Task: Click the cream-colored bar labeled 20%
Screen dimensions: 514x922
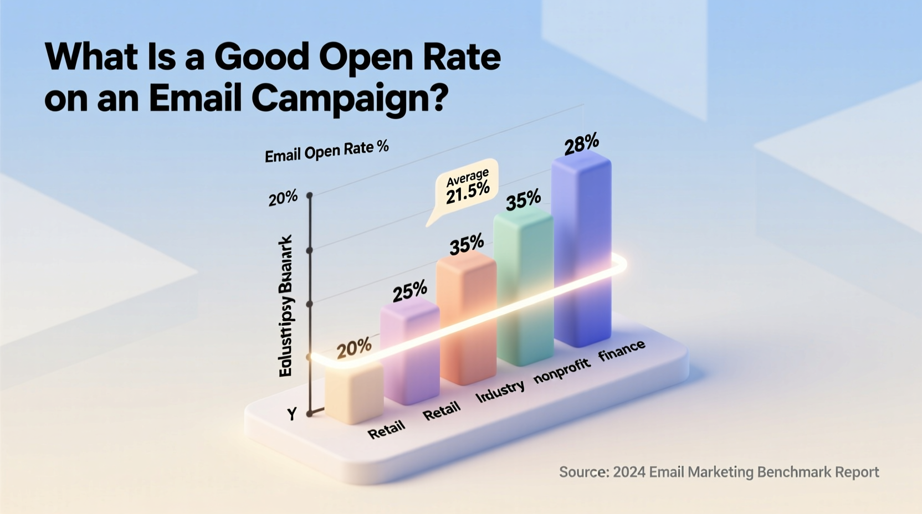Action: tap(354, 393)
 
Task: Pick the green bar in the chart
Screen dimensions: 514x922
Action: tap(524, 288)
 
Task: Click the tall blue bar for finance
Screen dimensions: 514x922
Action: tap(582, 249)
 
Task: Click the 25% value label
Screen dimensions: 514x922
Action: tap(409, 291)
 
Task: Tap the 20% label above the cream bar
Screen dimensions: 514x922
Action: tap(354, 348)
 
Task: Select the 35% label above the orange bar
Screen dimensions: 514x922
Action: tap(467, 244)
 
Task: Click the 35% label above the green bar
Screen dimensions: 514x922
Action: tap(523, 200)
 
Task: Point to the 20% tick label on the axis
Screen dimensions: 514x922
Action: tap(283, 198)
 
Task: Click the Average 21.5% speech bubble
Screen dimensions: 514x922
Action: tap(467, 187)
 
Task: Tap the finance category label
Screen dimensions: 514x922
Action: tap(622, 350)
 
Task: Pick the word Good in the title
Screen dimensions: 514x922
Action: tap(262, 56)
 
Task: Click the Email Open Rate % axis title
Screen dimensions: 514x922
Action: tap(326, 151)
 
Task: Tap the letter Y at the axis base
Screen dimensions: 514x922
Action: tap(292, 414)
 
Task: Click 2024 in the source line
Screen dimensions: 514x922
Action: tap(629, 472)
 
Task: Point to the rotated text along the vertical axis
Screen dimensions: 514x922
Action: tap(286, 306)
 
